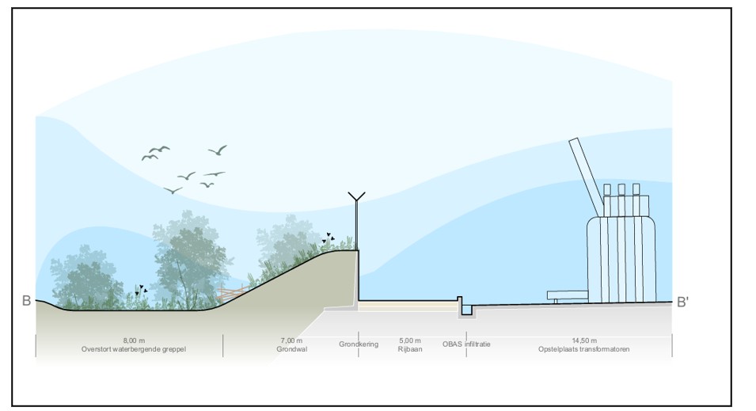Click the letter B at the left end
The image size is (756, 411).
point(26,301)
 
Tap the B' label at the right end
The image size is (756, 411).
point(682,303)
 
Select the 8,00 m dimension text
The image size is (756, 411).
point(134,341)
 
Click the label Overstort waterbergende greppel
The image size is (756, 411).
point(134,349)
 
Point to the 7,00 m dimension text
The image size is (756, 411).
point(291,341)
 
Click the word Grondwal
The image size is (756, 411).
point(291,349)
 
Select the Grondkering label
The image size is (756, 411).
point(359,344)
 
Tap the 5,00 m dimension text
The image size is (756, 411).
point(410,341)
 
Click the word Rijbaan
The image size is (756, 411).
point(410,349)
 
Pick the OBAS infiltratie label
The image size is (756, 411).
point(466,344)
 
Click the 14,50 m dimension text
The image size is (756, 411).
point(584,341)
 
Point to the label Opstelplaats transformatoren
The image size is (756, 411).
point(584,349)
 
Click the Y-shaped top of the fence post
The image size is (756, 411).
point(356,196)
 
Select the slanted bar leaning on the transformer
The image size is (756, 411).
point(587,177)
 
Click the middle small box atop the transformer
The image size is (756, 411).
point(621,189)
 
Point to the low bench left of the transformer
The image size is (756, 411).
point(568,295)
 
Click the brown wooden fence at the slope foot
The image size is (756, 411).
point(234,294)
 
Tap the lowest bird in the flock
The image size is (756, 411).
point(173,190)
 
